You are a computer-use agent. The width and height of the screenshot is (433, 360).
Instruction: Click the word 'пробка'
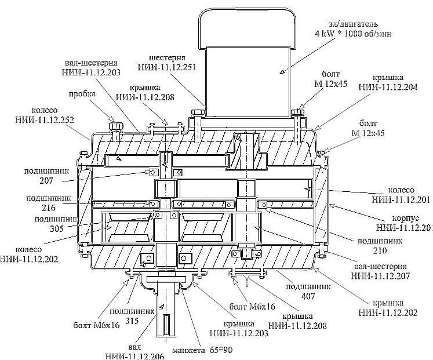click(82, 94)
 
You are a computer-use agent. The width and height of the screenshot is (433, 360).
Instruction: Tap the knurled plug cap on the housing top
click(114, 124)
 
